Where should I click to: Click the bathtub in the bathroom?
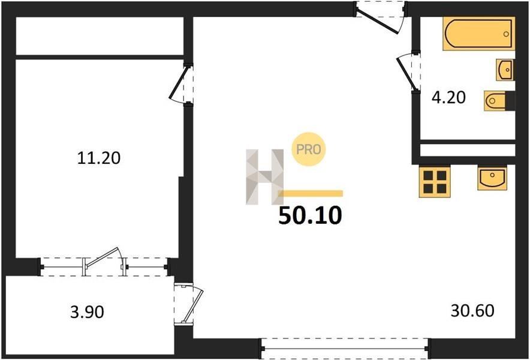pos(479,34)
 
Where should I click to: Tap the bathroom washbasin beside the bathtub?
pos(505,70)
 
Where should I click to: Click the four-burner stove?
pos(435,181)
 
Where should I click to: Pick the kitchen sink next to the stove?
pos(492,178)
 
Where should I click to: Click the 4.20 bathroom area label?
pos(448,98)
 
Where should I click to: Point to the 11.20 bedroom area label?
pos(99,158)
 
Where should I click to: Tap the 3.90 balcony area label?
pos(87,311)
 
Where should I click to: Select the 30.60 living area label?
pos(472,311)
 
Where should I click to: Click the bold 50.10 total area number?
pos(310,215)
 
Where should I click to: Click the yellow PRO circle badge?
pos(309,149)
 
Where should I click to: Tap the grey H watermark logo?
pos(264,177)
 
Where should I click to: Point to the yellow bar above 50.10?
pos(311,194)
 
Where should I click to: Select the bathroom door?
pos(406,73)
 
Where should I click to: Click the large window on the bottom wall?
pos(345,348)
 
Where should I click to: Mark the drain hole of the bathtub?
pos(506,34)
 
